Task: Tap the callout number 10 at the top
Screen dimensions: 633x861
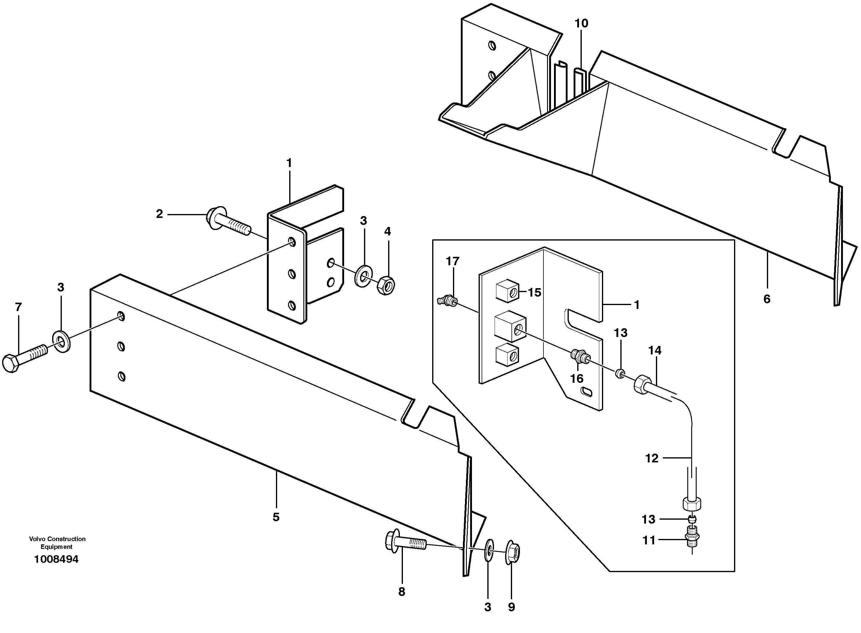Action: pyautogui.click(x=581, y=24)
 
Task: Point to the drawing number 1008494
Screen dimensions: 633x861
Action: pyautogui.click(x=56, y=559)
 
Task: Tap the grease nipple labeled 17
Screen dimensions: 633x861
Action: pyautogui.click(x=447, y=301)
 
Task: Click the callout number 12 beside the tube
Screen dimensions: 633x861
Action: pyautogui.click(x=652, y=458)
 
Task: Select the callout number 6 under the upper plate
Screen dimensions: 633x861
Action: pyautogui.click(x=767, y=299)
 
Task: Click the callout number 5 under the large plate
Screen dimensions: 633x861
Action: pyautogui.click(x=276, y=517)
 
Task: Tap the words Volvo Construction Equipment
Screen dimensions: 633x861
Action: pyautogui.click(x=57, y=543)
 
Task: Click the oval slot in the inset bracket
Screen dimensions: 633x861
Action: pyautogui.click(x=587, y=392)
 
